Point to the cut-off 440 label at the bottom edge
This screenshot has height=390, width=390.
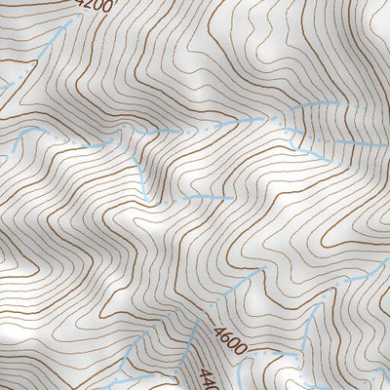[207, 378]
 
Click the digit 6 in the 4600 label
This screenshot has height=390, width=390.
[220, 341]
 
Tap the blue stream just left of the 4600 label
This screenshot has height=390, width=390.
[190, 336]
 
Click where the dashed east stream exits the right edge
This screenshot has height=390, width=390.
[387, 143]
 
